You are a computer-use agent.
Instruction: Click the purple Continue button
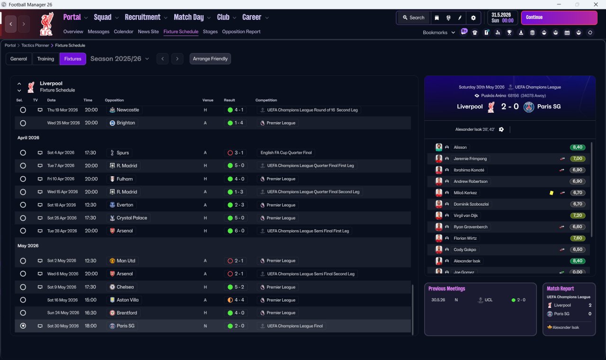(559, 18)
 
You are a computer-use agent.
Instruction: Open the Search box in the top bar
(413, 18)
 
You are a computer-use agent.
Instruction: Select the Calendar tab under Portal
(124, 32)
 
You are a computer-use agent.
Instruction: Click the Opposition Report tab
(241, 32)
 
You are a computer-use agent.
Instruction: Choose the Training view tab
(45, 59)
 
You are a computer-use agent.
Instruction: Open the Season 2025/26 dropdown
(120, 59)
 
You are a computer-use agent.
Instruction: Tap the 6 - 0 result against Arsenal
(236, 231)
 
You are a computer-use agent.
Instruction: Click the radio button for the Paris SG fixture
(23, 326)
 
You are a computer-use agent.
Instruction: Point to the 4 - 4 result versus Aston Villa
(236, 300)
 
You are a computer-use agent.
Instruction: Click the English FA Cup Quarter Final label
(286, 153)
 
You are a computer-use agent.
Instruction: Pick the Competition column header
(266, 100)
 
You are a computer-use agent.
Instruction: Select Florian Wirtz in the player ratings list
(465, 238)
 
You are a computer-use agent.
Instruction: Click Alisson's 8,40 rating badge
(577, 147)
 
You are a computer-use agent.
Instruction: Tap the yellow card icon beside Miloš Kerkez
(551, 193)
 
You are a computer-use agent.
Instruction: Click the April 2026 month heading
(28, 138)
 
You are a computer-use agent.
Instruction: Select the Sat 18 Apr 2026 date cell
(62, 205)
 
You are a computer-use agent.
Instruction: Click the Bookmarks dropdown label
(436, 33)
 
